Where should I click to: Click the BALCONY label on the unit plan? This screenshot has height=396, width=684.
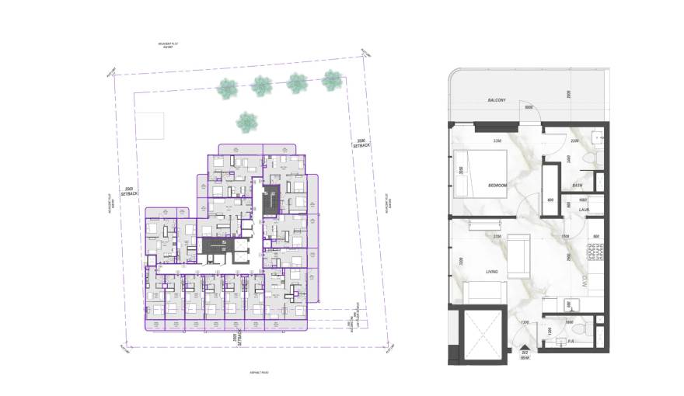(497, 100)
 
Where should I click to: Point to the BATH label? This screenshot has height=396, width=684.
(578, 186)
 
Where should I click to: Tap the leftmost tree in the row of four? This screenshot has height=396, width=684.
(226, 89)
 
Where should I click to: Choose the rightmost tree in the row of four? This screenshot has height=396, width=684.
(332, 79)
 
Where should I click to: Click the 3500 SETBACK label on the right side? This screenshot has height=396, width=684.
(361, 143)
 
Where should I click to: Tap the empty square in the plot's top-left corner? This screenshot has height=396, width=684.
(151, 125)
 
